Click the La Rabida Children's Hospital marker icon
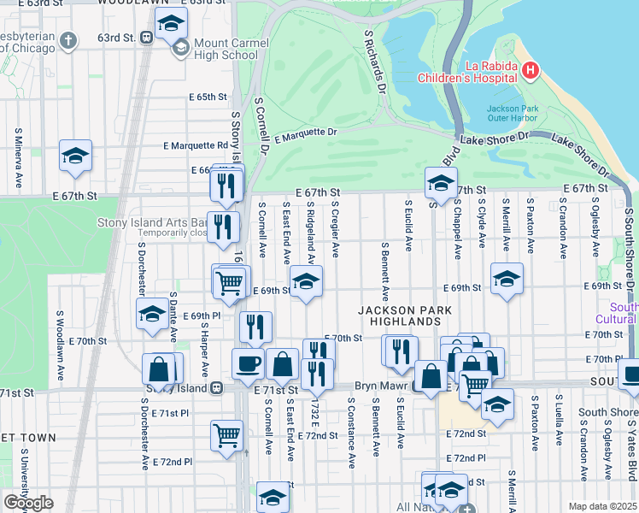pos(530,69)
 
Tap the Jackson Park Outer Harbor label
pos(512,114)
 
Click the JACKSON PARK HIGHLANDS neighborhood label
pos(400,315)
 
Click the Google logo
pos(28,503)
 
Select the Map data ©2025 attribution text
pos(602,506)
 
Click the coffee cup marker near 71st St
pos(248,363)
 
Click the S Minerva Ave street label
pos(18,159)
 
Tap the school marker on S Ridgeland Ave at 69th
pos(306,280)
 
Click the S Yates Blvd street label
pos(632,445)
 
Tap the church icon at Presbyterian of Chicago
pos(69,40)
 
